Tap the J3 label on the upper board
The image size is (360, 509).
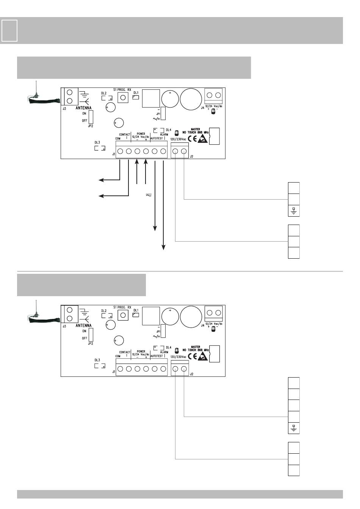tap(64, 108)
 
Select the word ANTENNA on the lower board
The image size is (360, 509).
tap(83, 325)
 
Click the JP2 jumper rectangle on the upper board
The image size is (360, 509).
tap(91, 117)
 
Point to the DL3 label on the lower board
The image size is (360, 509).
tap(97, 360)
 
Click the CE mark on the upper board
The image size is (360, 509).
tap(192, 139)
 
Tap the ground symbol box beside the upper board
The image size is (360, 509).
tap(294, 211)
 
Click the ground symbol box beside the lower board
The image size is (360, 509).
tap(294, 428)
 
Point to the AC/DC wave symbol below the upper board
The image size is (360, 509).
tap(148, 195)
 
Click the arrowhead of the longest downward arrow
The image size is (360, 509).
tap(164, 247)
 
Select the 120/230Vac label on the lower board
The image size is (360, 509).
tap(178, 357)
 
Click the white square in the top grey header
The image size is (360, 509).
tap(9, 30)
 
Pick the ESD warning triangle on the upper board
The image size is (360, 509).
tap(203, 139)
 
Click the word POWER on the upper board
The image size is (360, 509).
tap(141, 134)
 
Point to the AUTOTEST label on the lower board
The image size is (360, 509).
tap(157, 356)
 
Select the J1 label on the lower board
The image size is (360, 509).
tap(114, 372)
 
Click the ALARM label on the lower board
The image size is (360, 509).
tap(164, 352)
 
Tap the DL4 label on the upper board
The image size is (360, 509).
tap(168, 130)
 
